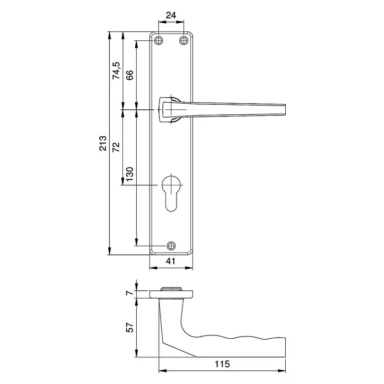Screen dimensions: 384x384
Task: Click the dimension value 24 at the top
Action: (x=171, y=15)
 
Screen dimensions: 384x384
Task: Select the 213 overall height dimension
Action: (x=103, y=143)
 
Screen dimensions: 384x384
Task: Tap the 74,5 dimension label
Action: (x=116, y=71)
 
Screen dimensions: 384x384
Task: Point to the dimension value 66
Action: (x=130, y=75)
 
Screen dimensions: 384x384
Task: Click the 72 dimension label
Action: (x=116, y=147)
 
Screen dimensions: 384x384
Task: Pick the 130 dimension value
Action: (x=130, y=174)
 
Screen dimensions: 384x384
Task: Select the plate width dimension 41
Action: (x=170, y=261)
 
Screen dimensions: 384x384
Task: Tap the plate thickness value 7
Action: (x=130, y=292)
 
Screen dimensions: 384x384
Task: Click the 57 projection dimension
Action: (x=130, y=327)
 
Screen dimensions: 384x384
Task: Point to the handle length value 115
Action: (x=222, y=364)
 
